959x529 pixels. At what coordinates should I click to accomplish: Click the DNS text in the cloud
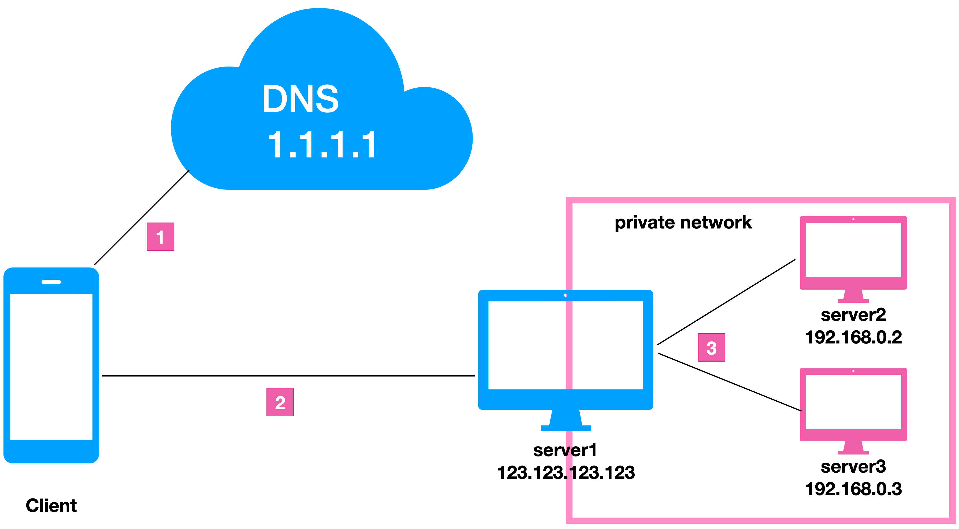coord(300,99)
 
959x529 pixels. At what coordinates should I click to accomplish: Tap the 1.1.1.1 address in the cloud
coord(322,145)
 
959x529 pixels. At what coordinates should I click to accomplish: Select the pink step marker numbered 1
coord(160,237)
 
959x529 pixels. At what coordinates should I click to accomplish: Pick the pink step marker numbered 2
coord(280,402)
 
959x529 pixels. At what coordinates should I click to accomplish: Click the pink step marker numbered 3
coord(711,347)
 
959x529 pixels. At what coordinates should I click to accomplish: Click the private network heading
coord(683,223)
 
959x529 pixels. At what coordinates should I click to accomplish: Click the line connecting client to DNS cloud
coord(141,218)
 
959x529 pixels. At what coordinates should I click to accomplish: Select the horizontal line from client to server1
coord(289,376)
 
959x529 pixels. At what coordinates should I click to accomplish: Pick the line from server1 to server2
coord(726,302)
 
